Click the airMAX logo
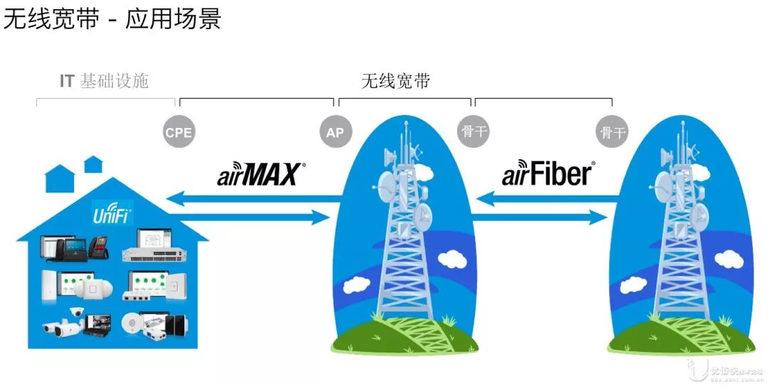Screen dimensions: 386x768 [x=261, y=174]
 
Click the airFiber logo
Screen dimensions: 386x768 [x=548, y=174]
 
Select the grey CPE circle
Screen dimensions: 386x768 [x=178, y=133]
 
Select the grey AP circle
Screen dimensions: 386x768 [x=335, y=133]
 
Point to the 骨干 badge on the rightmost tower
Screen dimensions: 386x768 [x=612, y=133]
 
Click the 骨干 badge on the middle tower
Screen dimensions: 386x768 [x=473, y=133]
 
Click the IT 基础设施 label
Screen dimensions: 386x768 [x=105, y=81]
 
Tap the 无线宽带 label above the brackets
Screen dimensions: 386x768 [x=395, y=81]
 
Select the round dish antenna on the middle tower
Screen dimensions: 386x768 [x=388, y=186]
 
